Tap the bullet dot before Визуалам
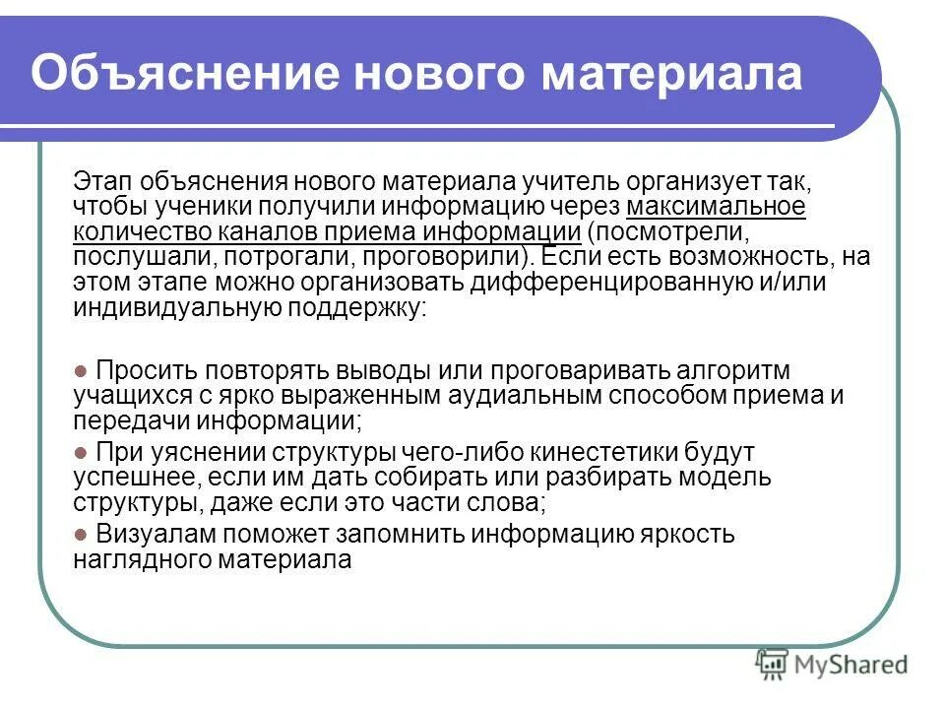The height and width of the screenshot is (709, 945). coord(82,535)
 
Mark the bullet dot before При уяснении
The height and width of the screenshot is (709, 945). coord(82,453)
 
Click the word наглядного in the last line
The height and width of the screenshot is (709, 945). coord(150,559)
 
